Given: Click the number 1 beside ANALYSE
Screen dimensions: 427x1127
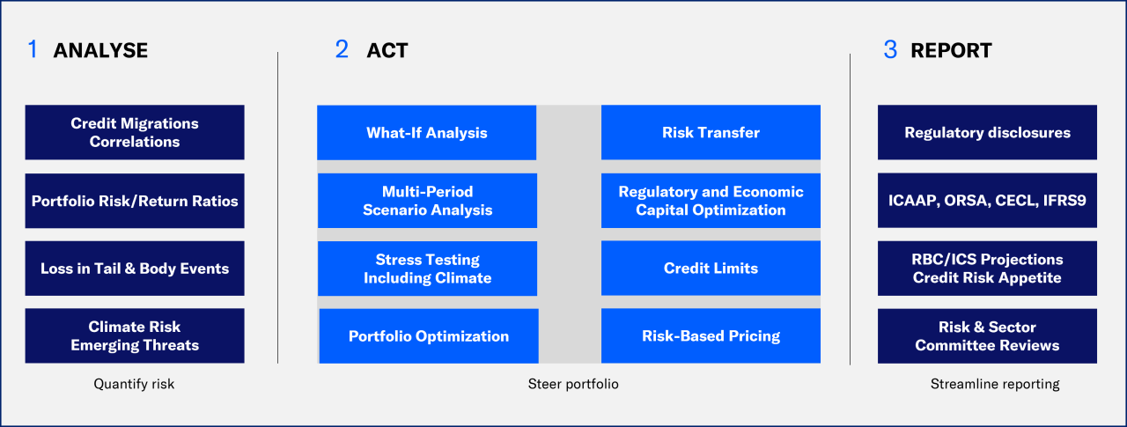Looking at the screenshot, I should pos(33,50).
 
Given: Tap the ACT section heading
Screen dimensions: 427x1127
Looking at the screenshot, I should pos(387,50).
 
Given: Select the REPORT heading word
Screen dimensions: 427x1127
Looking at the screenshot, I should pos(951,50).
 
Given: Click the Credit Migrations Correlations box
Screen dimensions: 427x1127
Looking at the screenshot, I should pos(135,132).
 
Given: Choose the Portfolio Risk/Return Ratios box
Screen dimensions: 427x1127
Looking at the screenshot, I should pos(135,201).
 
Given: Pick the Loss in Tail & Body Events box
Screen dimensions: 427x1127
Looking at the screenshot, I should pos(135,269).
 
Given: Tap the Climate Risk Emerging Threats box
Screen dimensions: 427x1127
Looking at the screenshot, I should pos(135,336).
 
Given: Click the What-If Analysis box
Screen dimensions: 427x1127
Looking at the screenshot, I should pos(427,133).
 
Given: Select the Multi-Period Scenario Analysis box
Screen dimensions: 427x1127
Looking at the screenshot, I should pos(427,201).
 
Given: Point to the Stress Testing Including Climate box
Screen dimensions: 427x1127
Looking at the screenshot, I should pos(427,269).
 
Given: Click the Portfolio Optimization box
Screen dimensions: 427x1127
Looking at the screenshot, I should pos(429,336).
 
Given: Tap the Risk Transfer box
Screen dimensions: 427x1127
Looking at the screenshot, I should pos(711,133).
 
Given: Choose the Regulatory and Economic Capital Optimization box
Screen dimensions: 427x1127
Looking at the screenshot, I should pos(711,201).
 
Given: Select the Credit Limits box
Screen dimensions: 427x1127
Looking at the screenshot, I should pos(711,269).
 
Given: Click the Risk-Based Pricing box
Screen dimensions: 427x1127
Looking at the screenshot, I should pos(711,336).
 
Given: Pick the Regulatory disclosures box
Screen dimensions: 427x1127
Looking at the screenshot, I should pos(987,133).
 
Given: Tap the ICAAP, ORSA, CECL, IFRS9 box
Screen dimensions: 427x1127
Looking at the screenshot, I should pos(987,201).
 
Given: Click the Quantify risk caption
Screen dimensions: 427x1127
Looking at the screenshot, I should pos(134,384).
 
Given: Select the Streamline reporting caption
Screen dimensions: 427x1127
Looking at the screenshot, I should pos(995,384).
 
